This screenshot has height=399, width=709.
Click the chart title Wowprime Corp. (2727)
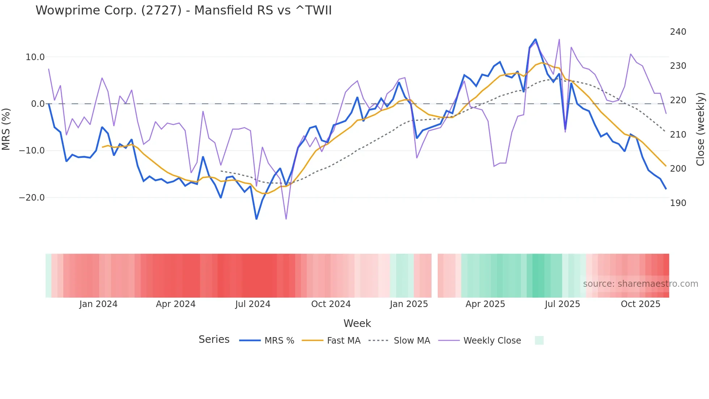coord(183,10)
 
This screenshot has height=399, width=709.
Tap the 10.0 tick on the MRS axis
coord(35,57)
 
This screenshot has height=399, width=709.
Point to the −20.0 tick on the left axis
coord(32,198)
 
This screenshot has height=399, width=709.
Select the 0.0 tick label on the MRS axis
coord(38,104)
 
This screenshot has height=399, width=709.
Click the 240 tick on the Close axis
coord(678,32)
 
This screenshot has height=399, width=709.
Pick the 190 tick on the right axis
coord(678,203)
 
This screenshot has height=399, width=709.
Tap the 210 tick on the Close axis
coord(678,135)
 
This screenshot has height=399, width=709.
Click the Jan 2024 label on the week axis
coord(98,304)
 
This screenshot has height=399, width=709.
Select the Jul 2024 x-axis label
coord(253,304)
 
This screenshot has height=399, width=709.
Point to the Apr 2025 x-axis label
coord(485,304)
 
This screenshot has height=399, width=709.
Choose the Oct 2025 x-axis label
coord(640,304)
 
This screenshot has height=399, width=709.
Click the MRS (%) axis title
coord(6,129)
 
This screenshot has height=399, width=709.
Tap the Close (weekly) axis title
coord(700,129)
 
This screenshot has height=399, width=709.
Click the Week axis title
coord(357,323)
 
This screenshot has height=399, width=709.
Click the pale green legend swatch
coord(539,341)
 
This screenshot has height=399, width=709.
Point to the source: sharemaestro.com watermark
coord(640,284)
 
